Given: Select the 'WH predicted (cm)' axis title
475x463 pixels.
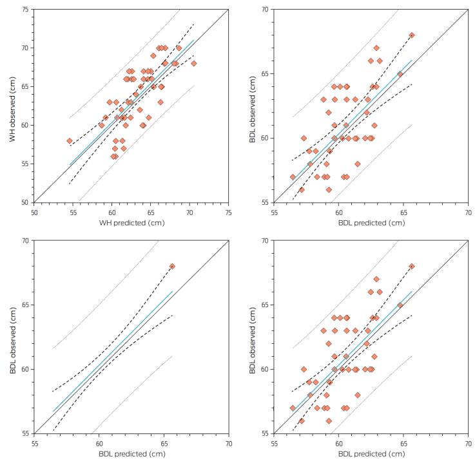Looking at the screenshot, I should (x=131, y=222).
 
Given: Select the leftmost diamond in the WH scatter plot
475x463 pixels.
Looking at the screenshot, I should (x=70, y=140).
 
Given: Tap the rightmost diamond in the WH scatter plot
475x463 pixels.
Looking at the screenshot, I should (x=193, y=63).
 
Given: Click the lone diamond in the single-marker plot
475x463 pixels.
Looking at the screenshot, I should (x=172, y=266).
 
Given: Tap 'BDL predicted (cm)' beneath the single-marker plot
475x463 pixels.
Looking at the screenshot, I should (x=131, y=454).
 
